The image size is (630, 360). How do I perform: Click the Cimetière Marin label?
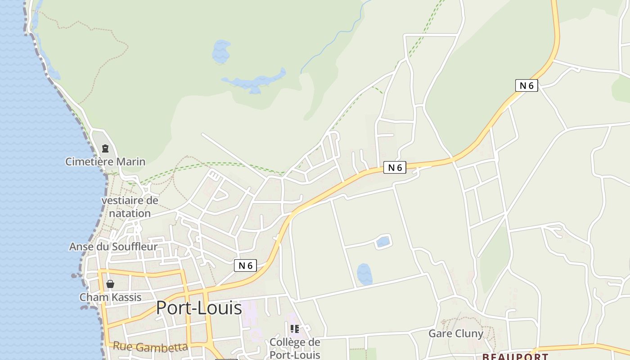[105, 162]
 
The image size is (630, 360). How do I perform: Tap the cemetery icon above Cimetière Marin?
[105, 148]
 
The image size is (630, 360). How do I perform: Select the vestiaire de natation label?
[130, 207]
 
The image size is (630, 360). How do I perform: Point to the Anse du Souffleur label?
[113, 247]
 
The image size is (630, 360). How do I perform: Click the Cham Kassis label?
[110, 297]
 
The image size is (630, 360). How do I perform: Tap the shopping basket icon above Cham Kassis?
[110, 284]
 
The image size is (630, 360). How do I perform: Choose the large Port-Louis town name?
[199, 308]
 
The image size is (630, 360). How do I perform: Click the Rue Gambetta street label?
[150, 346]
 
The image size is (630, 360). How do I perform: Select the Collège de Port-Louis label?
[295, 348]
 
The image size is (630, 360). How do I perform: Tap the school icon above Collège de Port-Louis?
[295, 329]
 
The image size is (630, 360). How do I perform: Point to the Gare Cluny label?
[455, 333]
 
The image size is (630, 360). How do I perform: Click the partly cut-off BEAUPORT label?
[515, 356]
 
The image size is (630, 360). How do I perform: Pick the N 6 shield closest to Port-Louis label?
[245, 265]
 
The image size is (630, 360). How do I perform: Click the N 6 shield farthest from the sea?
[526, 85]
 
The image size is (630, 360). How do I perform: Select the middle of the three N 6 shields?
[395, 167]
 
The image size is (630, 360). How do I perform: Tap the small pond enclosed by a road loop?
[383, 242]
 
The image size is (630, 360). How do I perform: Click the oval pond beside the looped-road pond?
[364, 274]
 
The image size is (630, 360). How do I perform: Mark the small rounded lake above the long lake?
[221, 51]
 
